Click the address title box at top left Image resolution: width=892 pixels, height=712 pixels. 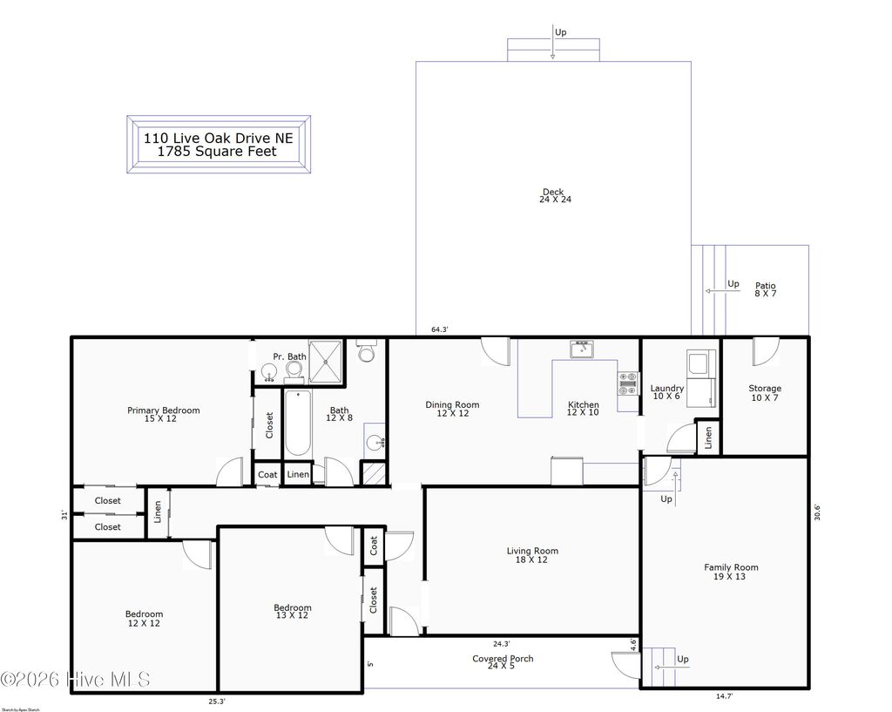pyautogui.click(x=219, y=145)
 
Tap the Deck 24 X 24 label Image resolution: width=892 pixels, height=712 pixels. pyautogui.click(x=554, y=196)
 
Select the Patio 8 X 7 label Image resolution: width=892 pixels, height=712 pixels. pyautogui.click(x=765, y=290)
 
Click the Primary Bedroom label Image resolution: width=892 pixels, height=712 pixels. pyautogui.click(x=164, y=415)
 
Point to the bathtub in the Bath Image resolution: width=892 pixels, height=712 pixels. pyautogui.click(x=298, y=423)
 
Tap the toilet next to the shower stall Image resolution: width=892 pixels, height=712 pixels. pyautogui.click(x=367, y=352)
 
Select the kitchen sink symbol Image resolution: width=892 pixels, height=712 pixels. pyautogui.click(x=581, y=349)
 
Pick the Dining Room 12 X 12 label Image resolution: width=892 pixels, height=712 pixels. pyautogui.click(x=452, y=409)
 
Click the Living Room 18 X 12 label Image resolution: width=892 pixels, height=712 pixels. pyautogui.click(x=532, y=555)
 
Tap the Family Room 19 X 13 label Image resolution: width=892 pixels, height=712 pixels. pyautogui.click(x=731, y=572)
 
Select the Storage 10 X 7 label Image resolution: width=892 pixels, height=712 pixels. pyautogui.click(x=765, y=393)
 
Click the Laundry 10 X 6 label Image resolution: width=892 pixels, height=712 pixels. pyautogui.click(x=666, y=392)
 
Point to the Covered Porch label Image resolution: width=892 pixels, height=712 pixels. pyautogui.click(x=503, y=663)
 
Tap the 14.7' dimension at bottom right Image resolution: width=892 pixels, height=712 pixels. pyautogui.click(x=724, y=695)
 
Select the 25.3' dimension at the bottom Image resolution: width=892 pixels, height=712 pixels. pyautogui.click(x=217, y=700)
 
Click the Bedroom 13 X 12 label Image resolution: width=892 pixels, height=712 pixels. pyautogui.click(x=292, y=612)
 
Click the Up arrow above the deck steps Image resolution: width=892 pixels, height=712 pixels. pyautogui.click(x=553, y=44)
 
